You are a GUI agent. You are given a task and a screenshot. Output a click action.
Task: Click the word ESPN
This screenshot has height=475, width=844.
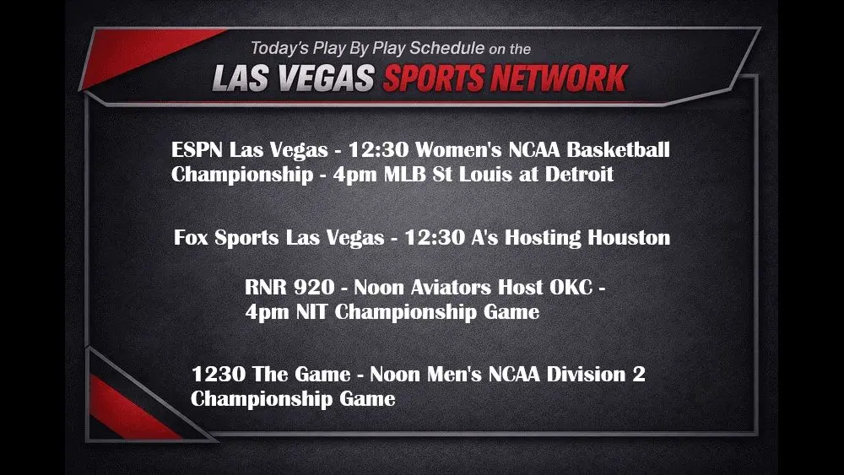(x=197, y=149)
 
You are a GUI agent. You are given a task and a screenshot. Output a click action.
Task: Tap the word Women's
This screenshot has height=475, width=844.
(x=458, y=149)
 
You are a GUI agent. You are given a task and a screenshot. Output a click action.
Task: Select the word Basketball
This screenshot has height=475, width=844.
(x=618, y=149)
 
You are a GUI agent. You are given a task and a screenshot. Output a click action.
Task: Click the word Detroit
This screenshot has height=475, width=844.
(x=579, y=175)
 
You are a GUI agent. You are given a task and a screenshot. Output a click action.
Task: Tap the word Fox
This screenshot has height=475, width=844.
(x=191, y=237)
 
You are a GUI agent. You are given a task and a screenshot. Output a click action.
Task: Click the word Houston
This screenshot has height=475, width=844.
(x=629, y=237)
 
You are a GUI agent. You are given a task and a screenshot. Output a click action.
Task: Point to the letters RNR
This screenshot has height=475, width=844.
(x=265, y=287)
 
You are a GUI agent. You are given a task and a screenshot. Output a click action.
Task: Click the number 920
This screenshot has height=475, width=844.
(x=314, y=287)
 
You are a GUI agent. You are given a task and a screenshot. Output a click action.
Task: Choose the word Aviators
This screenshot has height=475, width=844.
(x=451, y=287)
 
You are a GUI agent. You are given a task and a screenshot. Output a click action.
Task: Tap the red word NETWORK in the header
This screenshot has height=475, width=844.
(x=559, y=78)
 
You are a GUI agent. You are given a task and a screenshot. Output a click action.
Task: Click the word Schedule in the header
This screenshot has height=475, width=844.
(x=446, y=48)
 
